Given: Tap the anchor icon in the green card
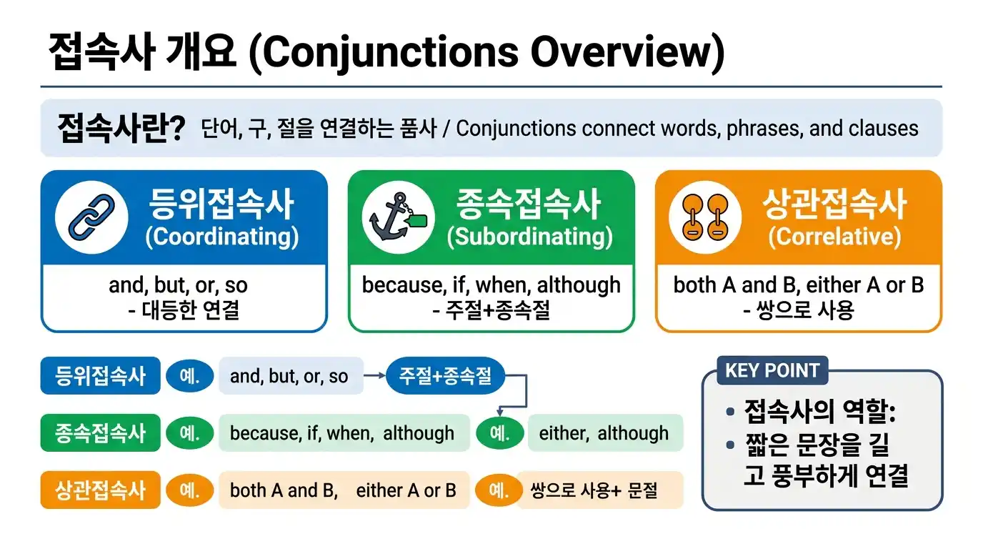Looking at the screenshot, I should point(397,217).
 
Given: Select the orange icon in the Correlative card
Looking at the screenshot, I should point(705,217).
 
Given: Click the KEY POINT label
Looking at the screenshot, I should point(772,371).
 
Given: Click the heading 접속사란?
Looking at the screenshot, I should point(121,129).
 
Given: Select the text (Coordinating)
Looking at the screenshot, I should point(221,237).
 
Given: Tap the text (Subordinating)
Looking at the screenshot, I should point(529,237).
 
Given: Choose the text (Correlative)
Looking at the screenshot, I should point(834,237).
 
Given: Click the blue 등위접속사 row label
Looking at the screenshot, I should point(101,376).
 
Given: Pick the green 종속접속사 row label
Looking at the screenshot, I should point(101,433).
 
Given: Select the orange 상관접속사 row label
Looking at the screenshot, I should point(101,490).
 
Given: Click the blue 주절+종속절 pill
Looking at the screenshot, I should point(445,375).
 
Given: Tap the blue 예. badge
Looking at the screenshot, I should point(189,376).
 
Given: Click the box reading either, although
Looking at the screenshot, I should point(604,433).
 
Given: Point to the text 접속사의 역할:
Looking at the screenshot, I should point(820,412).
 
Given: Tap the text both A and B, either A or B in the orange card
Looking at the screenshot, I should point(799,285).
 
